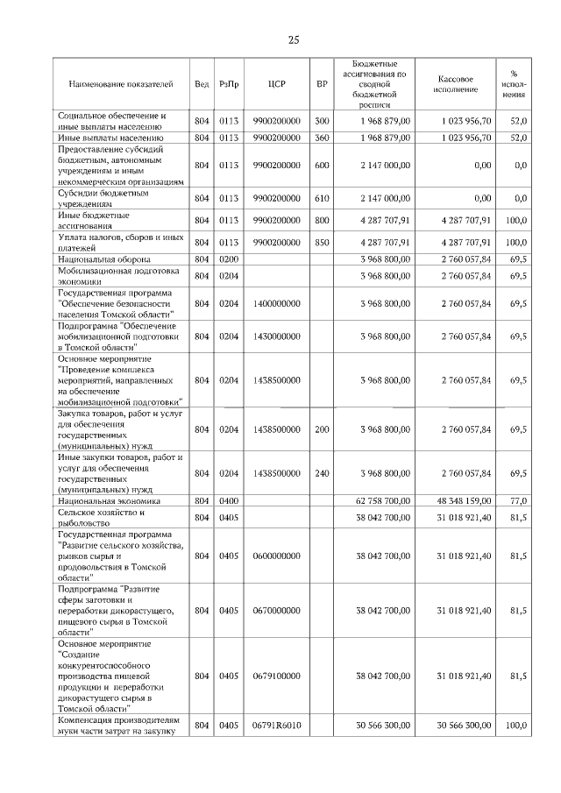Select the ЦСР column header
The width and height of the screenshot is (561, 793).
click(x=276, y=84)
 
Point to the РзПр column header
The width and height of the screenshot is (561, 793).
click(x=229, y=84)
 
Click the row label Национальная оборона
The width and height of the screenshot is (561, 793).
click(x=104, y=259)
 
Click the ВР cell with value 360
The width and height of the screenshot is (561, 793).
click(x=322, y=138)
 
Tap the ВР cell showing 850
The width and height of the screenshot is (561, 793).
click(x=322, y=242)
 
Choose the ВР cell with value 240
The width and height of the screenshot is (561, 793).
click(x=322, y=473)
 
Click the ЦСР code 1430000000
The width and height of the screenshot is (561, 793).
click(x=276, y=336)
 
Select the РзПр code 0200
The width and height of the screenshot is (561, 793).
click(x=229, y=259)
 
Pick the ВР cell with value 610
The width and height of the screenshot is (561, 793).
click(x=322, y=198)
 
